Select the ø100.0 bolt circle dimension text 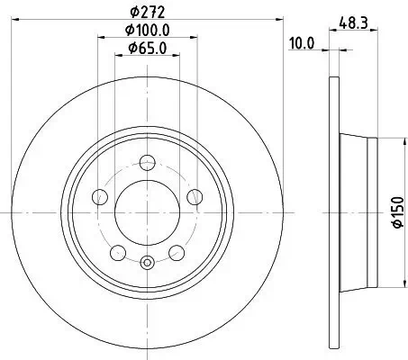(x=146, y=31)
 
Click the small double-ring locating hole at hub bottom (x=147, y=263)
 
